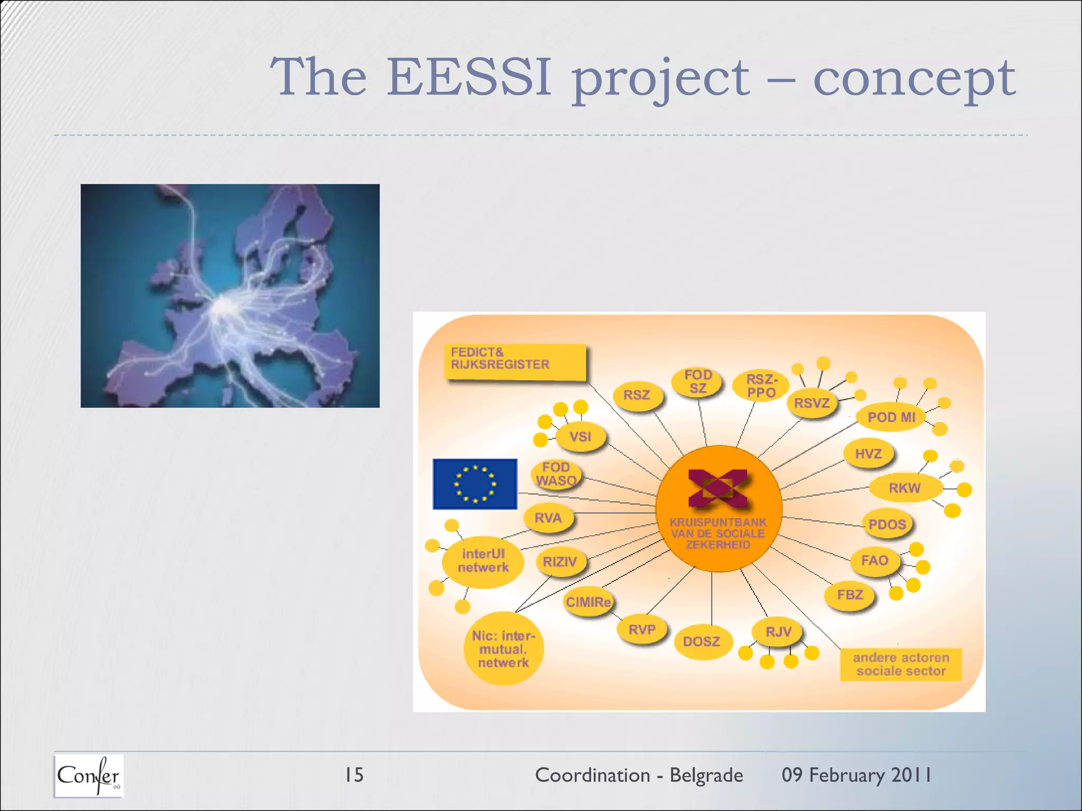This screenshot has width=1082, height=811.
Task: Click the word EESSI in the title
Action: click(469, 77)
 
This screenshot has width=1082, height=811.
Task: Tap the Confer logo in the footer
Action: click(89, 776)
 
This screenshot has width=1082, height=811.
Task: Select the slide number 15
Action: click(353, 775)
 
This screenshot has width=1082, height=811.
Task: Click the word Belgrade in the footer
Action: click(706, 775)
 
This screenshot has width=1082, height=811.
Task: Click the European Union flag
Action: click(474, 484)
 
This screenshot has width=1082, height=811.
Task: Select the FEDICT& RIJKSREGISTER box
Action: click(515, 362)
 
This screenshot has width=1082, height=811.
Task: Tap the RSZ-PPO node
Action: click(761, 386)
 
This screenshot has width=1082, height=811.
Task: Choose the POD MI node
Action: click(891, 417)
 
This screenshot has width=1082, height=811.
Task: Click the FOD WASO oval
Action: click(556, 474)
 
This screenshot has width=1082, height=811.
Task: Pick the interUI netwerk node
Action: click(483, 561)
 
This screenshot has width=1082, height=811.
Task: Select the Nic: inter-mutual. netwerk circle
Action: click(503, 649)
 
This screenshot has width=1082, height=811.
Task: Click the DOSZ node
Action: click(702, 642)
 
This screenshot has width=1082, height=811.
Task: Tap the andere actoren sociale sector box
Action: click(901, 664)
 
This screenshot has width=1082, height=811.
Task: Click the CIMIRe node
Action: click(588, 602)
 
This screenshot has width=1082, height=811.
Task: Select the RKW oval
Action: click(904, 488)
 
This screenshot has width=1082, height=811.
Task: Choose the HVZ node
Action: click(868, 454)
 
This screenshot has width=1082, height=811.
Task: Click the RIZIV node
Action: click(560, 562)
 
